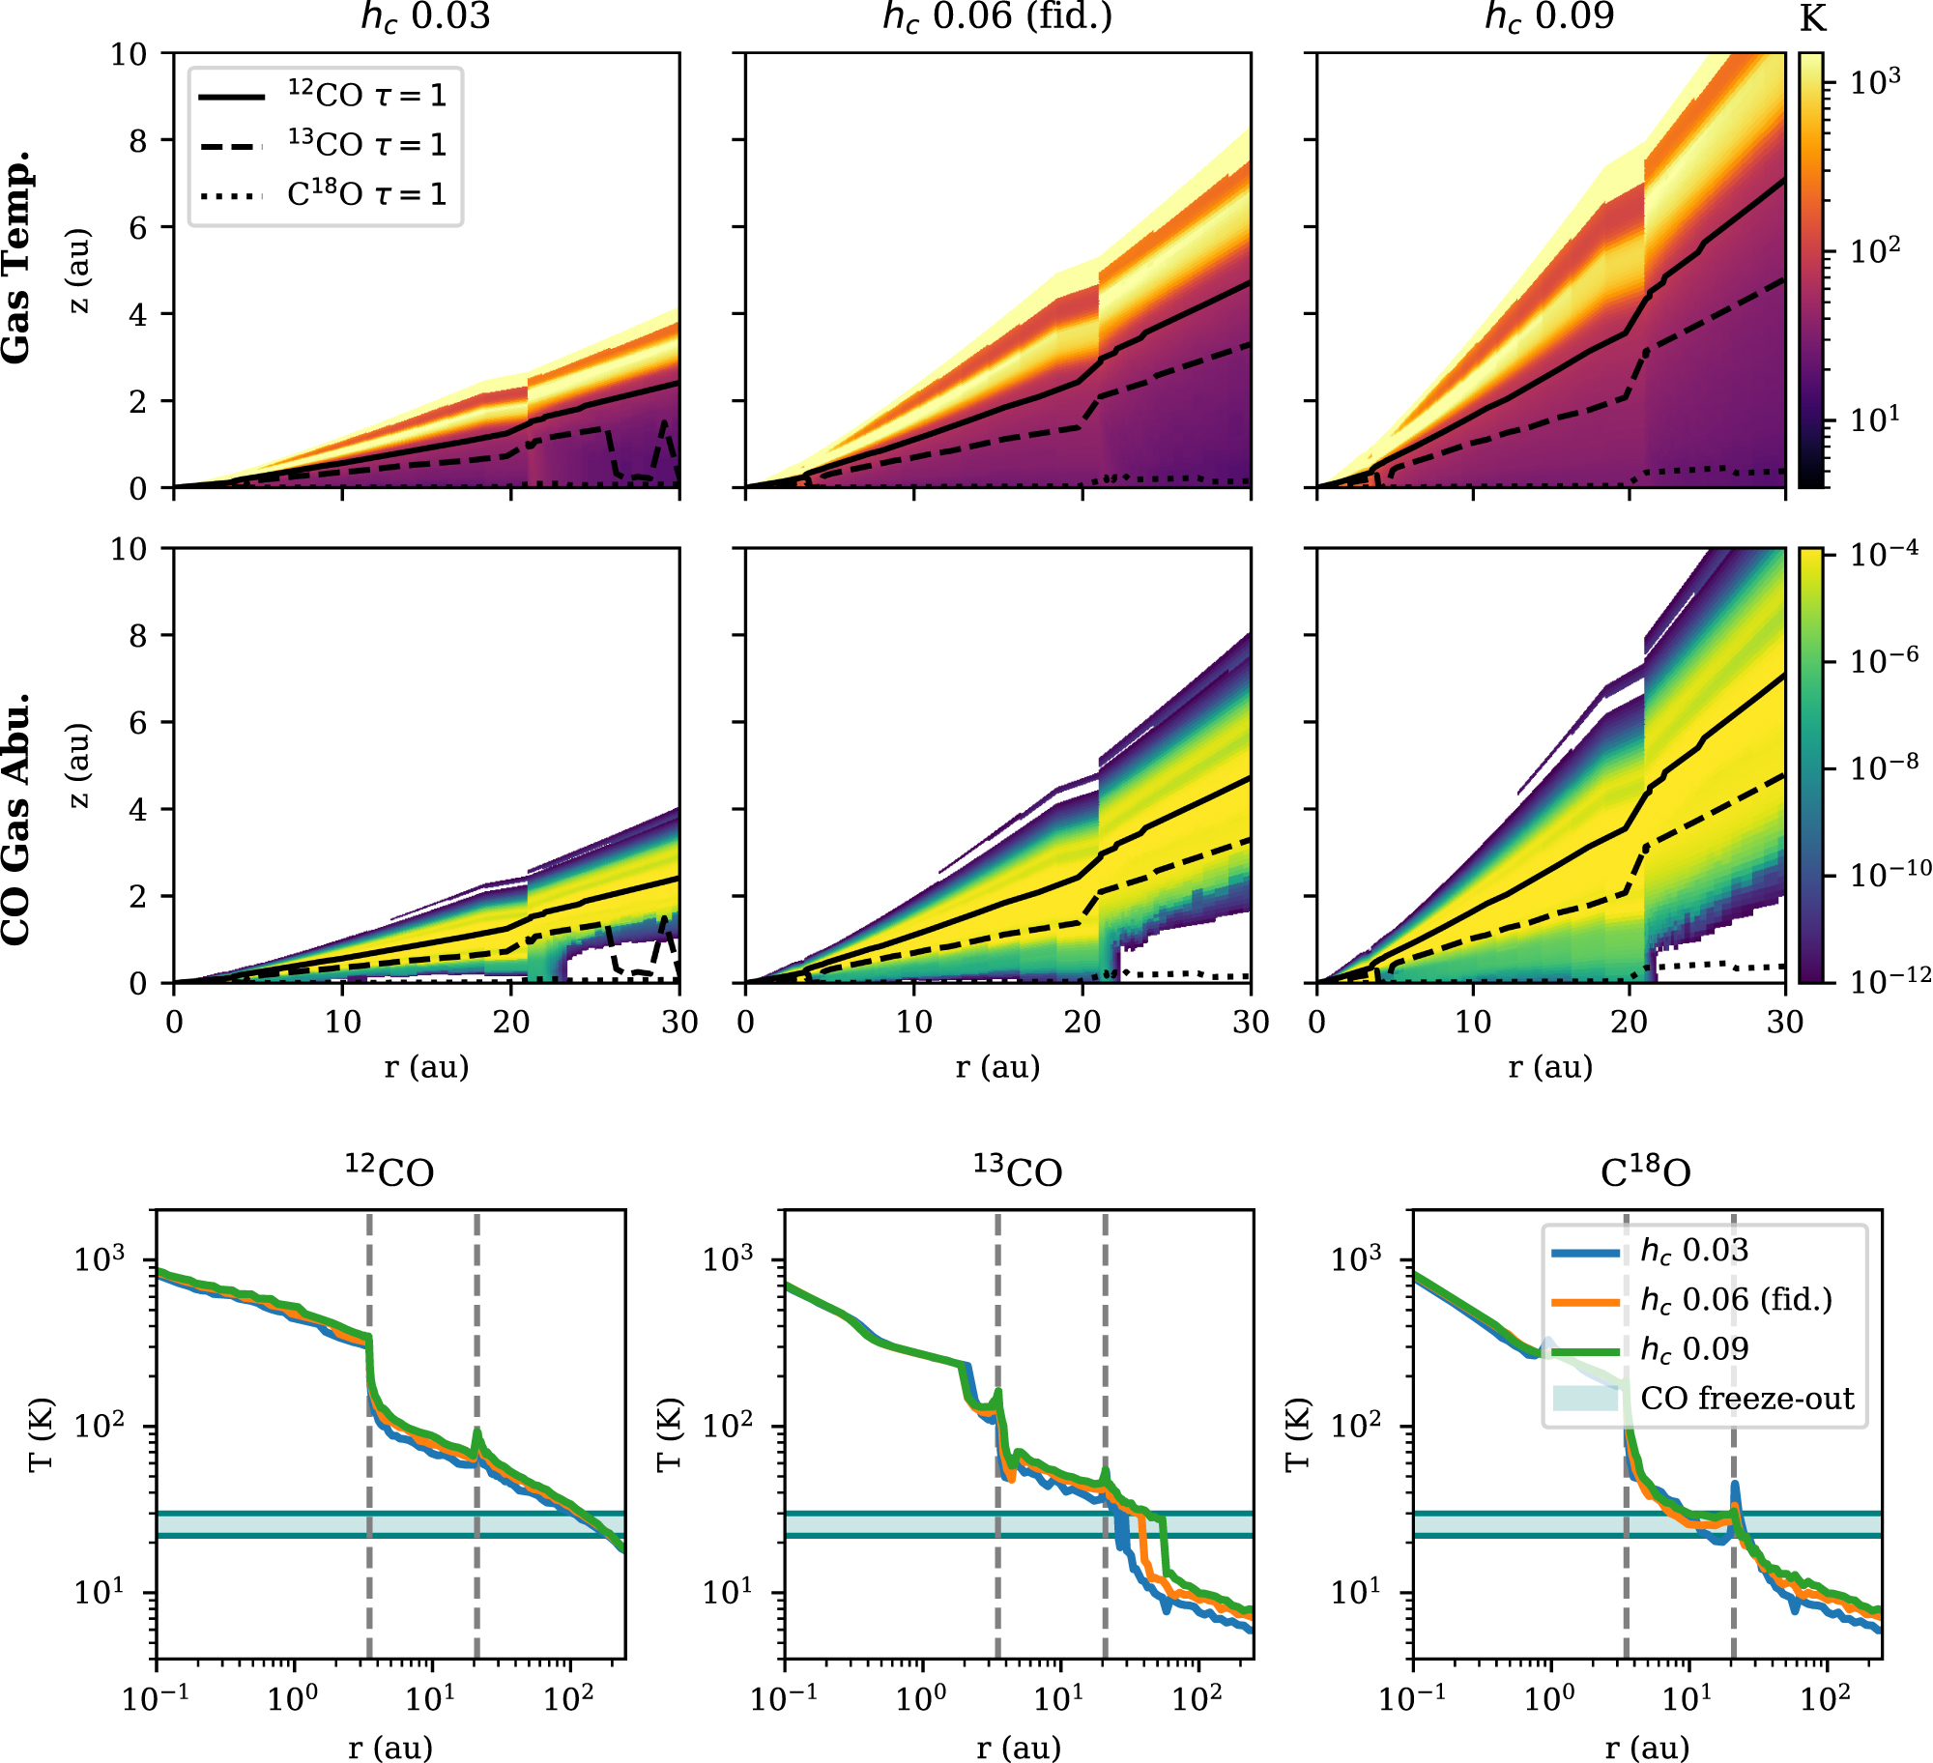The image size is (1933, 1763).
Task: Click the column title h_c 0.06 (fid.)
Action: tap(997, 17)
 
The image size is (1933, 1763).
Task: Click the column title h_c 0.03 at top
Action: tap(425, 17)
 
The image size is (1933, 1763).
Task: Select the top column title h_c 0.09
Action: tap(1549, 17)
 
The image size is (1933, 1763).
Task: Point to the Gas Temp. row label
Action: tap(16, 257)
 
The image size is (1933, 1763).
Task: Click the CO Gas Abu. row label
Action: tap(16, 818)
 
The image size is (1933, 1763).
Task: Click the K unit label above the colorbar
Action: tap(1813, 19)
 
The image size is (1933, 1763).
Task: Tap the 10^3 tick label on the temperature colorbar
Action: tap(1874, 82)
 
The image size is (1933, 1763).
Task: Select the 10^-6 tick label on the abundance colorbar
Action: tap(1884, 661)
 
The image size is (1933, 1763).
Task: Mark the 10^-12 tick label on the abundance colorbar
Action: tap(1890, 978)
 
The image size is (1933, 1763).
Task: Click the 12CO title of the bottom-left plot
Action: tap(389, 1171)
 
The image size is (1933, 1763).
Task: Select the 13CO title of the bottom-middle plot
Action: tap(1018, 1171)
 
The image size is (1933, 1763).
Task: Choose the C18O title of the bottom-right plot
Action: tap(1646, 1171)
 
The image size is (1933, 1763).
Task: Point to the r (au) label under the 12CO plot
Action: tap(390, 1748)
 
